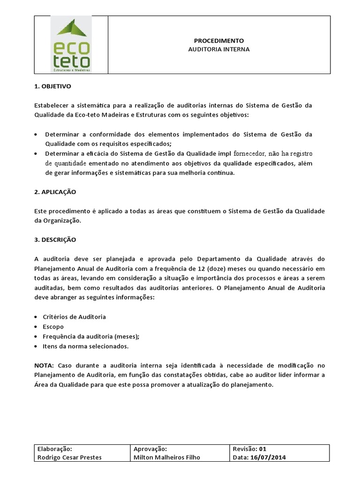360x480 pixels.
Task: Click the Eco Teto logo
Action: [71, 45]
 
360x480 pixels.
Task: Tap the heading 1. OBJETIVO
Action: [52, 86]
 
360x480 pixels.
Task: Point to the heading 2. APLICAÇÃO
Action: [55, 192]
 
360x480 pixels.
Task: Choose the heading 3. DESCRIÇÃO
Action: [55, 240]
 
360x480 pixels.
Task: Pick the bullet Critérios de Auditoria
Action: [75, 317]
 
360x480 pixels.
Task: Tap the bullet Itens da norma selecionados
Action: [85, 346]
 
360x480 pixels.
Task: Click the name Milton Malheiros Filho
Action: [166, 457]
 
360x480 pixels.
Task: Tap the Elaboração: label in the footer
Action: [54, 449]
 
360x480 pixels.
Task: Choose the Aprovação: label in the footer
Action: [150, 449]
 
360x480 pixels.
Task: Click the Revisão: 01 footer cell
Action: [249, 449]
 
